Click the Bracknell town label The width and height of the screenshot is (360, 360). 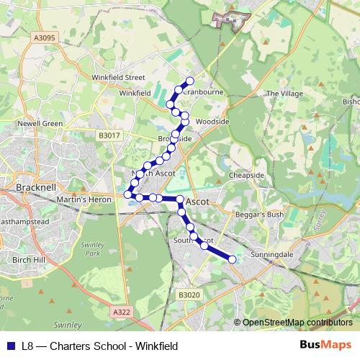pyautogui.click(x=32, y=187)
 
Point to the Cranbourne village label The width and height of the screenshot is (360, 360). pyautogui.click(x=199, y=92)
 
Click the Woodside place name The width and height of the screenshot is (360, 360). pyautogui.click(x=212, y=122)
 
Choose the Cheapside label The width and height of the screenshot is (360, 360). pyautogui.click(x=247, y=175)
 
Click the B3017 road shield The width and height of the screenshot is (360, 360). pyautogui.click(x=110, y=135)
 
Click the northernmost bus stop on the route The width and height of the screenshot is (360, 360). pyautogui.click(x=190, y=81)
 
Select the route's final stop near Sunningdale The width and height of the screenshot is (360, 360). pyautogui.click(x=233, y=260)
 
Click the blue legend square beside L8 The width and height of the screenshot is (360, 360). pyautogui.click(x=9, y=346)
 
